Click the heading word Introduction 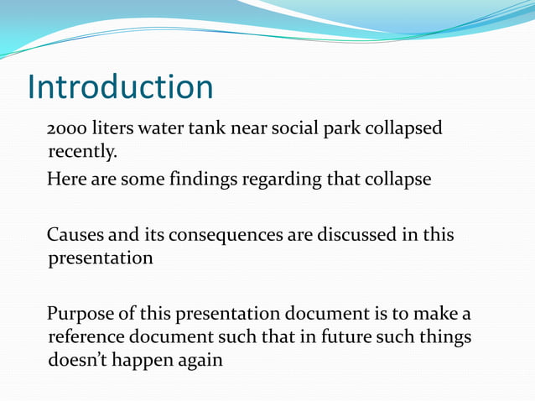[x=121, y=87]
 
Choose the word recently [x=81, y=154]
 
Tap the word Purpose [x=84, y=315]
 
